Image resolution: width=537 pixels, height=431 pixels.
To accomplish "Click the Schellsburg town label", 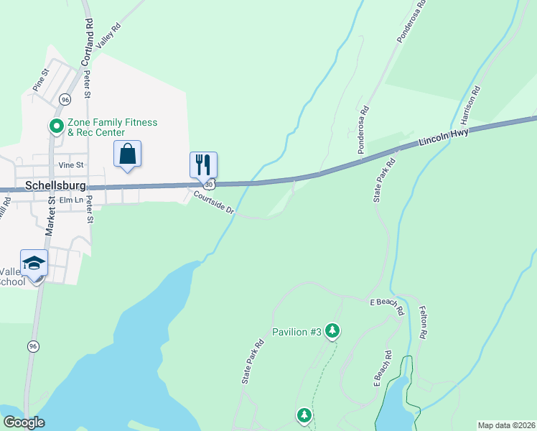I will pyautogui.click(x=55, y=185).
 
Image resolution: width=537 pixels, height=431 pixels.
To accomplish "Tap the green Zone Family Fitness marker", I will pyautogui.click(x=56, y=127).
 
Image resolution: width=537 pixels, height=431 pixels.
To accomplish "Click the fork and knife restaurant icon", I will pyautogui.click(x=203, y=164).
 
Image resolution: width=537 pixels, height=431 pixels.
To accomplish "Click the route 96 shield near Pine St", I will pyautogui.click(x=65, y=98).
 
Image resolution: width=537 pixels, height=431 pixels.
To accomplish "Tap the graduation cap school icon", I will pyautogui.click(x=34, y=263).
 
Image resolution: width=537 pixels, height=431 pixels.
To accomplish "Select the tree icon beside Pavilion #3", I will pyautogui.click(x=332, y=330).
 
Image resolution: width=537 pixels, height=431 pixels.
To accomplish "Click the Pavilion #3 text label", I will pyautogui.click(x=296, y=332).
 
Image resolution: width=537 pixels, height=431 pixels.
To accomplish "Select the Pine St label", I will pyautogui.click(x=39, y=80).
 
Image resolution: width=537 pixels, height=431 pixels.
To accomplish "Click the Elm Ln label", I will pyautogui.click(x=72, y=199).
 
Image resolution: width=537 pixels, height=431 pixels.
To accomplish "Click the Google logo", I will pyautogui.click(x=24, y=423).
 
